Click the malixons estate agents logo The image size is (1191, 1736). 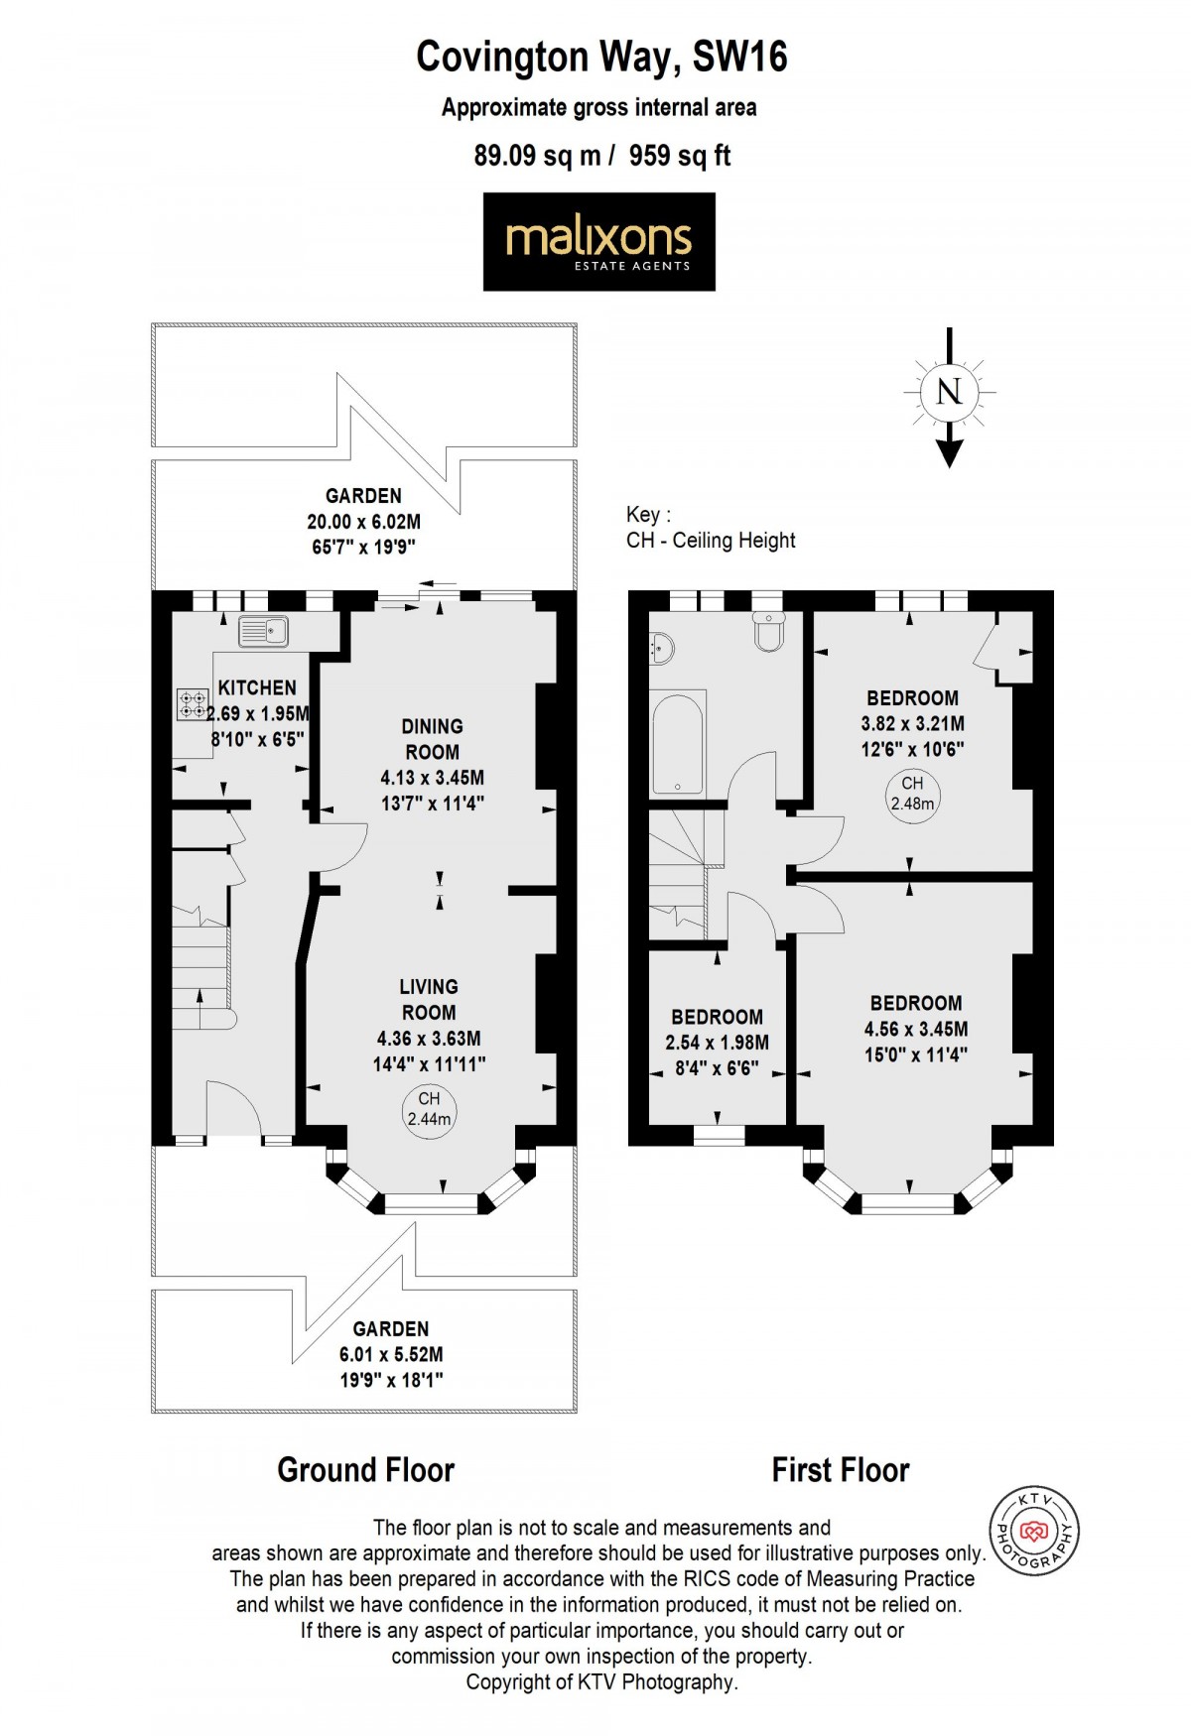(598, 242)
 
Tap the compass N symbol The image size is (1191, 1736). (949, 391)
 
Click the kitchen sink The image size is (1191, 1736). (263, 631)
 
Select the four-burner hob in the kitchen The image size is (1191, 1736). (193, 703)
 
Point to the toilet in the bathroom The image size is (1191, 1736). (770, 630)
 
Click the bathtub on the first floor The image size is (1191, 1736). (679, 743)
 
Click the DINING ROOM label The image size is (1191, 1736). (432, 739)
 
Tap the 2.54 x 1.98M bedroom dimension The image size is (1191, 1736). (717, 1043)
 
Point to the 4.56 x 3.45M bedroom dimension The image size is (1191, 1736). (915, 1030)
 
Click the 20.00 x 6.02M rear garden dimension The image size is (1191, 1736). (363, 522)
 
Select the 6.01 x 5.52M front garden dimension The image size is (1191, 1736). (391, 1355)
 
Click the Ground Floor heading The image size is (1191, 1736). (365, 1470)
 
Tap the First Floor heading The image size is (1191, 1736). (840, 1470)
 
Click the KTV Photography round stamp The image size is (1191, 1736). (1034, 1532)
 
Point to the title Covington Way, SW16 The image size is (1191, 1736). (601, 58)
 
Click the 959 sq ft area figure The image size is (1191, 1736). (680, 156)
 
